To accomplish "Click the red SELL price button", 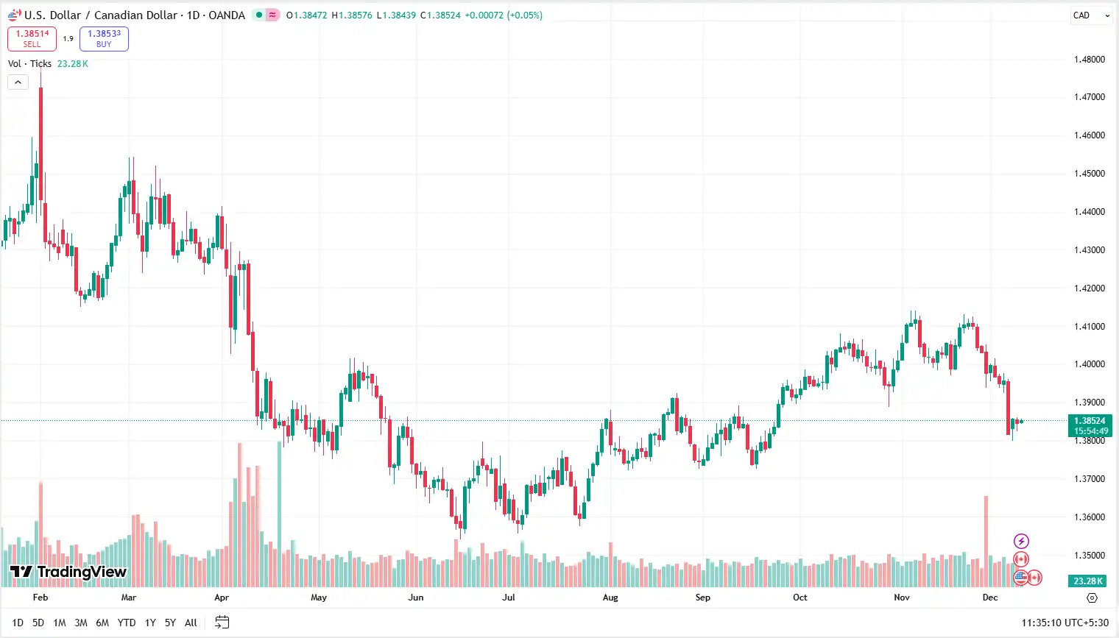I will pyautogui.click(x=32, y=38).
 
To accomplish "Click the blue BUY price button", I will pyautogui.click(x=104, y=38).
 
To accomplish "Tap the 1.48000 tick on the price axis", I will pyautogui.click(x=1089, y=60).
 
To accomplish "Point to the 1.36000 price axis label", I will pyautogui.click(x=1089, y=517).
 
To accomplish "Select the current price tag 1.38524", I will pyautogui.click(x=1089, y=421).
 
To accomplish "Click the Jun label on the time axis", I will pyautogui.click(x=416, y=598).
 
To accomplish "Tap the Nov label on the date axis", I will pyautogui.click(x=902, y=598).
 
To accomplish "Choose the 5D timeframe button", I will pyautogui.click(x=38, y=623).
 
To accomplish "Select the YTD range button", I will pyautogui.click(x=127, y=623).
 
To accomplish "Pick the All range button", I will pyautogui.click(x=191, y=623).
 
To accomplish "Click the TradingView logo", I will pyautogui.click(x=68, y=572).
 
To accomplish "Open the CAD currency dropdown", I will pyautogui.click(x=1090, y=15).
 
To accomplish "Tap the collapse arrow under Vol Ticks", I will pyautogui.click(x=18, y=82).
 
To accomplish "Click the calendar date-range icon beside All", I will pyautogui.click(x=222, y=623).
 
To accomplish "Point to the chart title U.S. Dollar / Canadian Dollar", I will pyautogui.click(x=101, y=15).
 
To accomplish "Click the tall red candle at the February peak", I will pyautogui.click(x=40, y=132).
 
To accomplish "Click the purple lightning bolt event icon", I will pyautogui.click(x=1021, y=542).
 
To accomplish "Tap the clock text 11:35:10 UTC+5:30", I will pyautogui.click(x=1065, y=623).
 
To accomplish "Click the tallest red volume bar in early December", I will pyautogui.click(x=986, y=541).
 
